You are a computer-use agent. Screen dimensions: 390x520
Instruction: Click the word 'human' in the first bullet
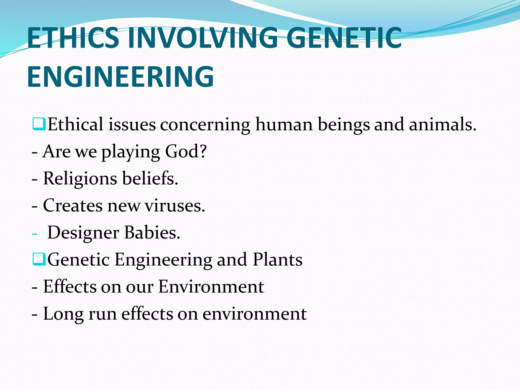[284, 124]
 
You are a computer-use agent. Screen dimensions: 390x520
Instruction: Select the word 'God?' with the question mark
[186, 151]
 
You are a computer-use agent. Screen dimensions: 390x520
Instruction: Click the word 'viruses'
[174, 205]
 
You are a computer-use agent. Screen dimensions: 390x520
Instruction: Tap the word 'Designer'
[83, 233]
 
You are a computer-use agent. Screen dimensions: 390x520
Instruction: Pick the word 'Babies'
[152, 232]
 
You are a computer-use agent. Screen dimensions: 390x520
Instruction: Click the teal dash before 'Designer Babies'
[35, 233]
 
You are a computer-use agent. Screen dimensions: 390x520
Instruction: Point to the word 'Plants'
[278, 259]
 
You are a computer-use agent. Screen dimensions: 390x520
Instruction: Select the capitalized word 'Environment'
[211, 287]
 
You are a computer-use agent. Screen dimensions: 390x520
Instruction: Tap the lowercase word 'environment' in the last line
[254, 314]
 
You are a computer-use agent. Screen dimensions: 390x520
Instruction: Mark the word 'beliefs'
[150, 178]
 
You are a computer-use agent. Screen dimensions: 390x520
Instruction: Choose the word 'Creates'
[73, 205]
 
